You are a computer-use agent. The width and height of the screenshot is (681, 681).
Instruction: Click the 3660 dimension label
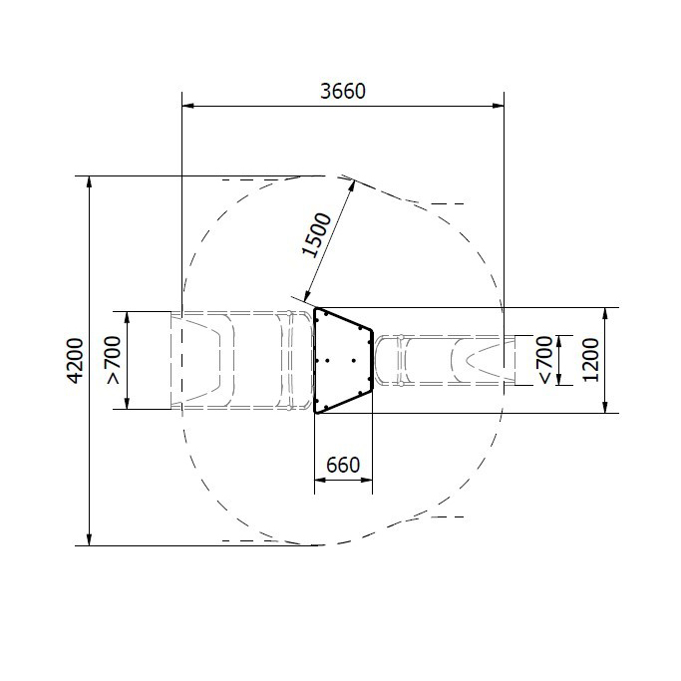point(343,91)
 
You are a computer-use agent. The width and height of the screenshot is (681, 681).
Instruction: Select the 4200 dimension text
point(75,361)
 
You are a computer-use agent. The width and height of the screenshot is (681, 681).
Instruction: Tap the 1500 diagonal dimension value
point(317,235)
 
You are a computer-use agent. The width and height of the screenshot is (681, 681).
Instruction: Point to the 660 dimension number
point(343,466)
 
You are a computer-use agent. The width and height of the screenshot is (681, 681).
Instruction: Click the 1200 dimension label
point(590,360)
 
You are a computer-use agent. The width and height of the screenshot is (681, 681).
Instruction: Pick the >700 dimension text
point(113,360)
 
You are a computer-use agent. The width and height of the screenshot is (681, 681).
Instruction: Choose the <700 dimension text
point(546,360)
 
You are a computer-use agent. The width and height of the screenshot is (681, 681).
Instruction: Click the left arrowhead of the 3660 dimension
point(187,105)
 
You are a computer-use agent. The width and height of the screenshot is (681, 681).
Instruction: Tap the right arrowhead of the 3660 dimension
point(499,105)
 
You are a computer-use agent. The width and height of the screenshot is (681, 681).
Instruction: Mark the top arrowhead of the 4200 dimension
point(90,182)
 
